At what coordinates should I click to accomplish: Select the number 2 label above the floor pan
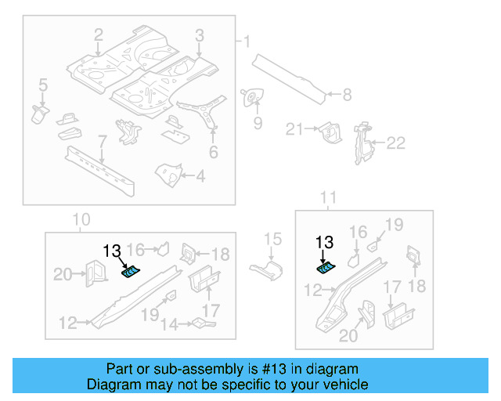pyautogui.click(x=99, y=34)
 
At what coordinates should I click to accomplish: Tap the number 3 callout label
pyautogui.click(x=200, y=34)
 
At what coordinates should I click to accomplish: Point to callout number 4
pyautogui.click(x=200, y=176)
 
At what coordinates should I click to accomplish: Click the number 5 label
pyautogui.click(x=42, y=85)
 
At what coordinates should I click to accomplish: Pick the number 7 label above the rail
pyautogui.click(x=101, y=142)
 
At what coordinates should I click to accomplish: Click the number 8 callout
pyautogui.click(x=346, y=96)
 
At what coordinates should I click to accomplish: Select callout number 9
pyautogui.click(x=257, y=123)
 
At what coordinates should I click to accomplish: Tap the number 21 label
pyautogui.click(x=294, y=129)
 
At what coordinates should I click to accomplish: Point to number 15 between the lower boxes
pyautogui.click(x=272, y=239)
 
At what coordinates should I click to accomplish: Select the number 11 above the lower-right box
pyautogui.click(x=329, y=197)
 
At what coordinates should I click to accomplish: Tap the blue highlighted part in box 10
pyautogui.click(x=130, y=271)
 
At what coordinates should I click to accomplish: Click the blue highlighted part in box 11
pyautogui.click(x=325, y=268)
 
